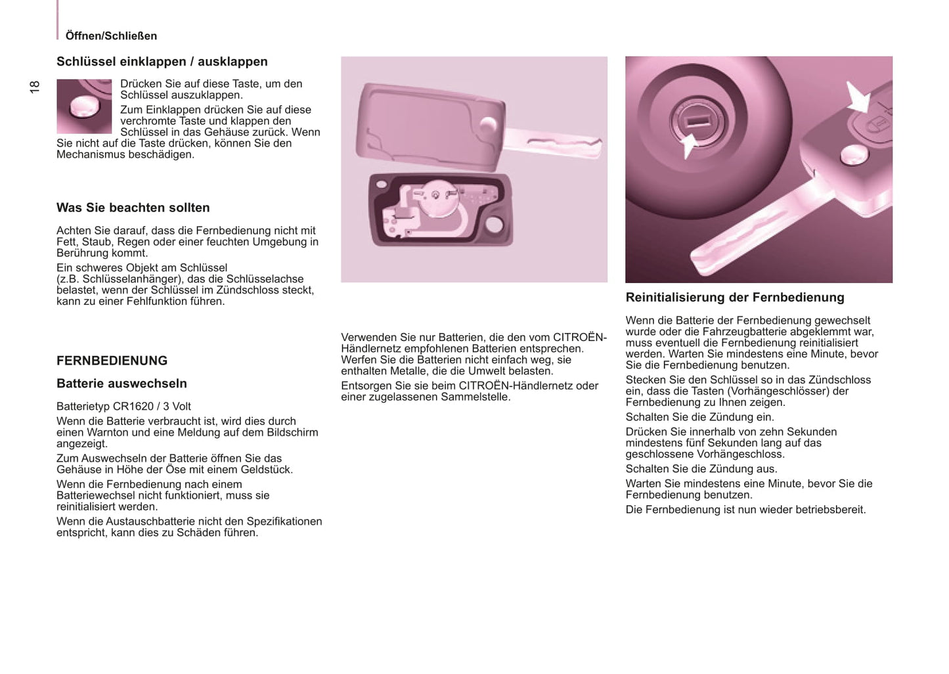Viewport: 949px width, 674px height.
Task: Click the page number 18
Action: pos(35,86)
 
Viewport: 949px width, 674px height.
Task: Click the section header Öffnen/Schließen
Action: pos(111,36)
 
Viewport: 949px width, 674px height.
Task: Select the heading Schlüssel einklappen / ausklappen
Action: pos(162,62)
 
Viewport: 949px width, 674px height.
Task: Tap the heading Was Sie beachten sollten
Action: pos(133,208)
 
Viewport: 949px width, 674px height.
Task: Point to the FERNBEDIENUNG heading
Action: pos(112,361)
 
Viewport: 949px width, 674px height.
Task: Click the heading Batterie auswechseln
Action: pos(121,384)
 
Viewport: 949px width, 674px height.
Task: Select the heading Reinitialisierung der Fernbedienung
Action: pos(734,298)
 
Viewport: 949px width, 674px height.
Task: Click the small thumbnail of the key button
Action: pos(84,106)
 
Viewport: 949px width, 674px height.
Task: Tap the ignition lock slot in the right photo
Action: pos(698,120)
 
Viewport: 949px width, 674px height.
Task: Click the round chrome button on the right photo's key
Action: pos(854,155)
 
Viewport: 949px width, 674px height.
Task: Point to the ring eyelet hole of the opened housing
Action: pos(494,225)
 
